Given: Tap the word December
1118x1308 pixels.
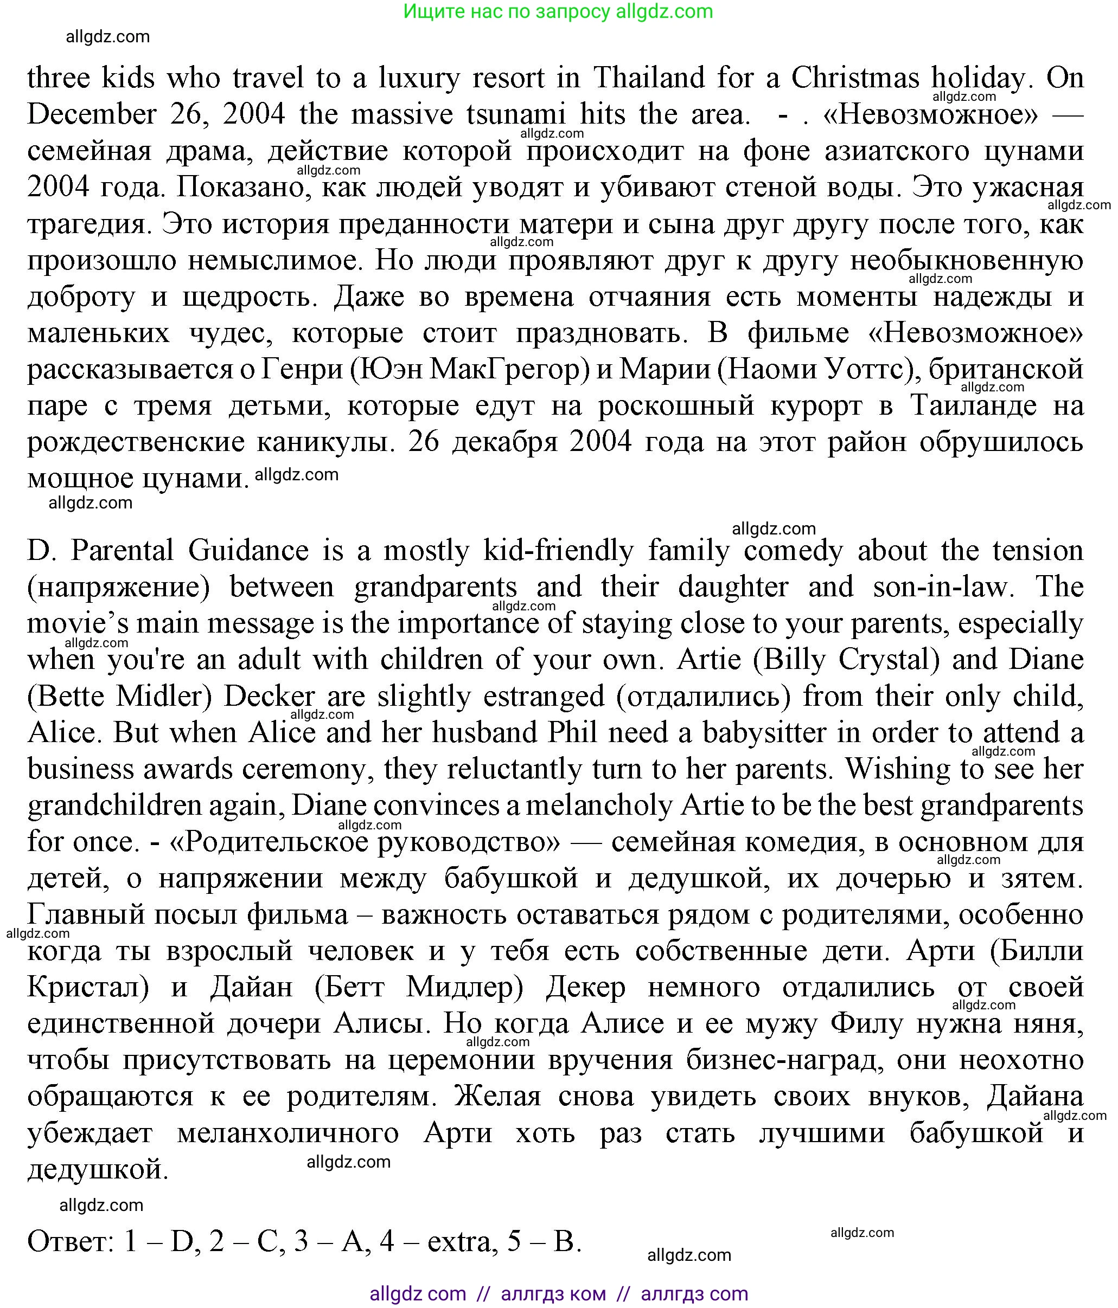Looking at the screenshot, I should (x=92, y=115).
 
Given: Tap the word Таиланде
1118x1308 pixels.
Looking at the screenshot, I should (x=973, y=406).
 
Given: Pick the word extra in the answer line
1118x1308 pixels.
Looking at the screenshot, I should (x=458, y=1242).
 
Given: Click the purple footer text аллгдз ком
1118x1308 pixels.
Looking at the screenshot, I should (x=553, y=1294).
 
